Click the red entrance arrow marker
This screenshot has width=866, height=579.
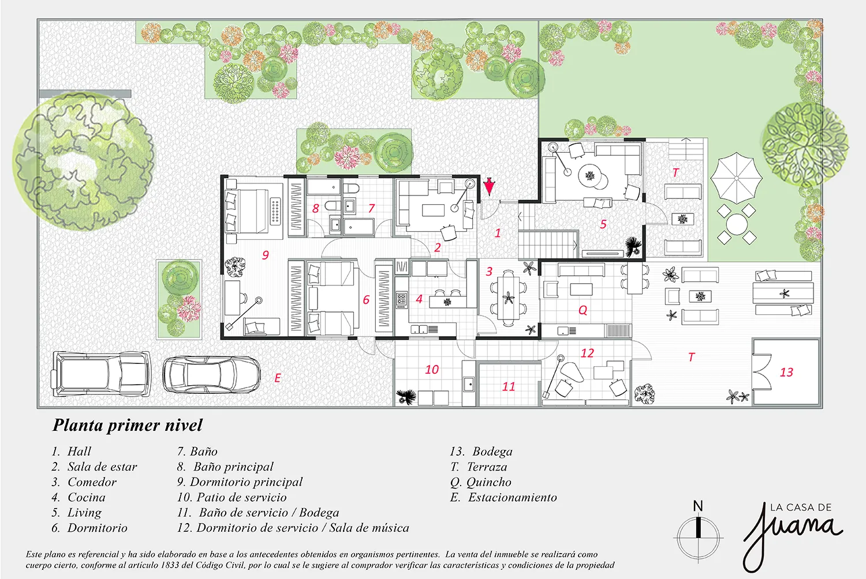489,187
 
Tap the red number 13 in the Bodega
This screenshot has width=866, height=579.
786,373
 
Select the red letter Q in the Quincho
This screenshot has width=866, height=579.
583,310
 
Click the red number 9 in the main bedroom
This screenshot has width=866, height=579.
265,255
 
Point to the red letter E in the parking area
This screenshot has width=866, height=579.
278,378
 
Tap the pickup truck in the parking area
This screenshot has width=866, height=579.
100,374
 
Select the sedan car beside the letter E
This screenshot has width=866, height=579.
211,374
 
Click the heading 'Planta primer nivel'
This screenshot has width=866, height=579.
127,425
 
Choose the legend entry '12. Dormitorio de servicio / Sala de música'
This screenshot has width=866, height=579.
293,528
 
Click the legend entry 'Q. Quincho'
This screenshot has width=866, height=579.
480,482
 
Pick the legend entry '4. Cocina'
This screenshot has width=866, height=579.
79,497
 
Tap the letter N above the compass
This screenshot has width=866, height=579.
698,506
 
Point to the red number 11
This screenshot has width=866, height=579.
509,386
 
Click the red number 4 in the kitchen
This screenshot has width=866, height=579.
419,299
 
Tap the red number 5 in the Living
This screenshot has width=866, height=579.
603,224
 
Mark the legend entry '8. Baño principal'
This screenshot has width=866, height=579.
225,467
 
